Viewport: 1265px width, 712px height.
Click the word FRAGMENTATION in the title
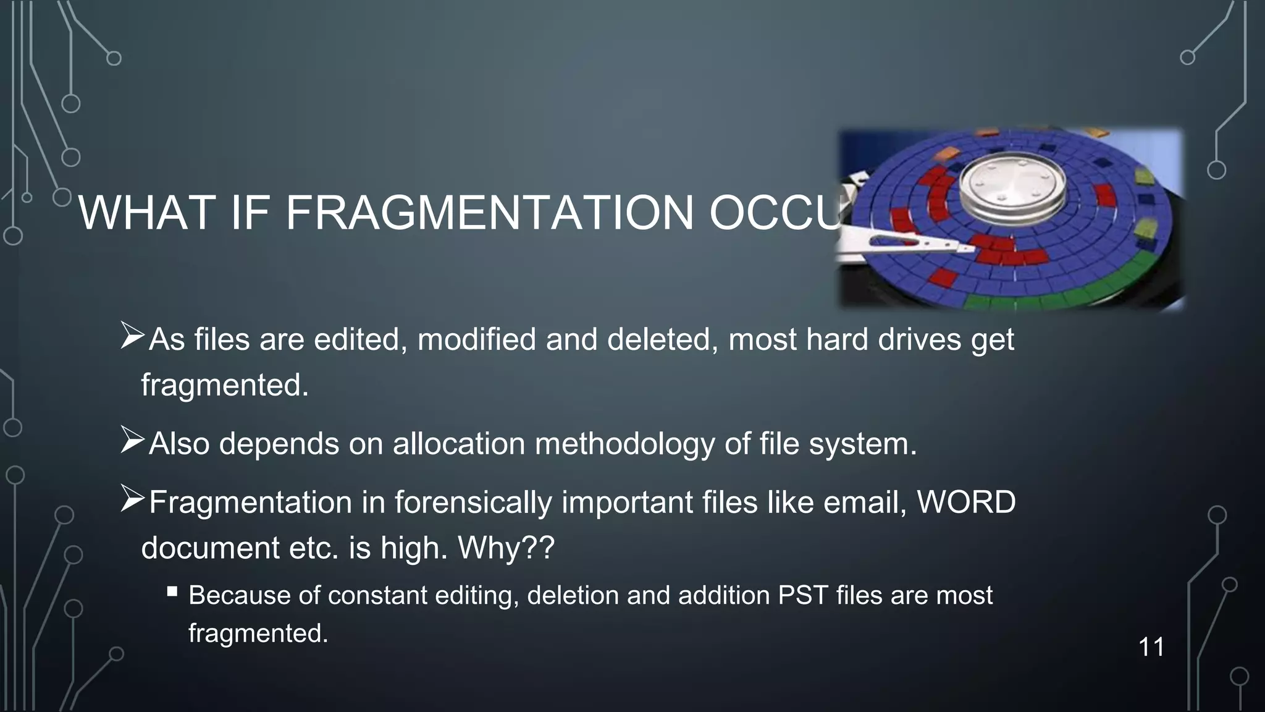click(489, 213)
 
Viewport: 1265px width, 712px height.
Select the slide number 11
click(1151, 647)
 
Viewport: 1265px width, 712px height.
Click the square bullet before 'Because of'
click(172, 592)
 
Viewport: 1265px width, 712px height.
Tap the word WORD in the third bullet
click(966, 502)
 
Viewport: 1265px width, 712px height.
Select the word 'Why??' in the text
click(506, 548)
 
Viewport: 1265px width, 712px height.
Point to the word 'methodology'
click(624, 444)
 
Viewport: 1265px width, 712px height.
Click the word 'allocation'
click(459, 444)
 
